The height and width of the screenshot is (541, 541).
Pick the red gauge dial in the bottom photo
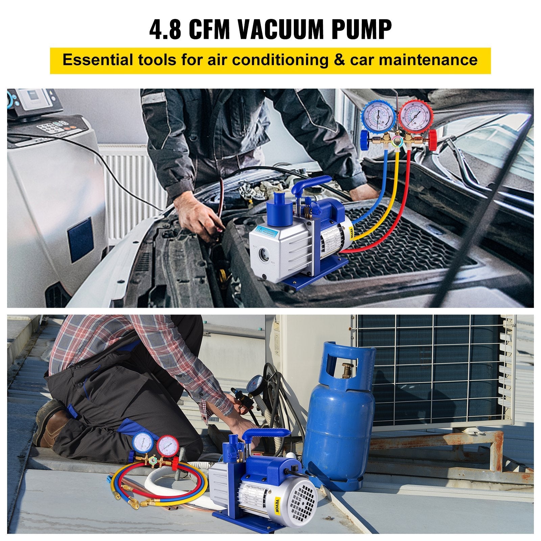pyautogui.click(x=166, y=445)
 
